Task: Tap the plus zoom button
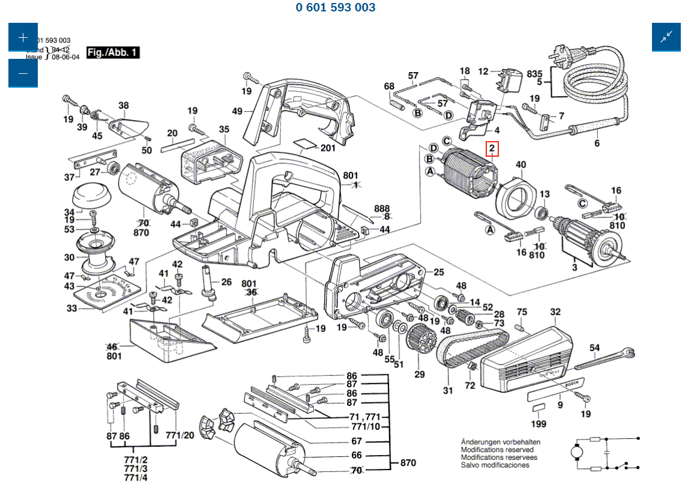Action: tap(23, 37)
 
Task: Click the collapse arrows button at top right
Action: tap(666, 37)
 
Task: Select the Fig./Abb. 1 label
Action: tap(113, 52)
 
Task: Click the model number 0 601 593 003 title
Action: tap(336, 8)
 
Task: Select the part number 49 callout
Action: tap(237, 111)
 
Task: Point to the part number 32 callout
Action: tap(555, 312)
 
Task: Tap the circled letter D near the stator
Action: tap(433, 148)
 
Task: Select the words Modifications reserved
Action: tap(497, 449)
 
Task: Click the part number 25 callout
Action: tap(439, 273)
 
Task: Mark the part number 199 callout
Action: tap(539, 425)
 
